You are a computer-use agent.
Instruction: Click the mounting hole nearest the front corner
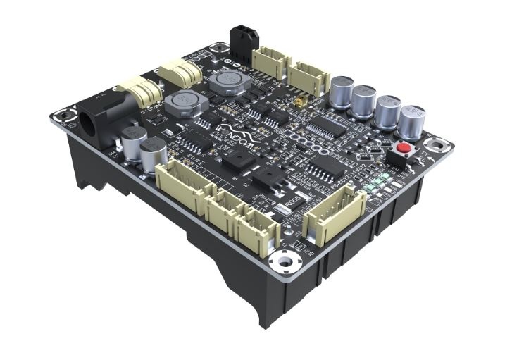pyautogui.click(x=285, y=261)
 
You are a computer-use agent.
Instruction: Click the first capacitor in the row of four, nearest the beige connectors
pyautogui.click(x=343, y=92)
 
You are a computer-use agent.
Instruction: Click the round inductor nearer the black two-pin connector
pyautogui.click(x=226, y=82)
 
